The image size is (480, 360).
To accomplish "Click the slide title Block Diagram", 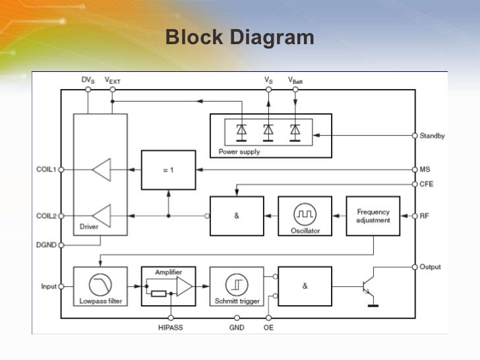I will (x=239, y=38).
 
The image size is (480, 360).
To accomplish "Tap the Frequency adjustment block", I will (x=373, y=216).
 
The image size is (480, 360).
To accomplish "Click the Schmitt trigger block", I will (x=236, y=286).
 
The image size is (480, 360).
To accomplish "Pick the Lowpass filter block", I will (x=100, y=286).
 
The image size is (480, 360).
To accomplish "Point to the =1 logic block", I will (x=168, y=169).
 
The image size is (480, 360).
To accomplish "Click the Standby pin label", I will (x=432, y=136).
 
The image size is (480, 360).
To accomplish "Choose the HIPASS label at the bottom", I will (x=171, y=327).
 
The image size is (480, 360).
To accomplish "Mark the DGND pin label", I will (x=47, y=245).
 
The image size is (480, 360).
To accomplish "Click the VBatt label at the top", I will (x=295, y=80).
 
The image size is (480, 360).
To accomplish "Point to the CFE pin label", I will (x=427, y=184).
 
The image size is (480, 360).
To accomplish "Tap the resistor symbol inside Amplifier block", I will (x=158, y=293).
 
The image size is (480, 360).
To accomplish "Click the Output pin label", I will (x=431, y=267).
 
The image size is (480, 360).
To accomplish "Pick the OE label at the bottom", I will (x=268, y=327).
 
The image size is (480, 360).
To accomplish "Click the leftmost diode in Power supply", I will (x=241, y=131).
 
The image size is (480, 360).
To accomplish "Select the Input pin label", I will (x=49, y=287).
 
